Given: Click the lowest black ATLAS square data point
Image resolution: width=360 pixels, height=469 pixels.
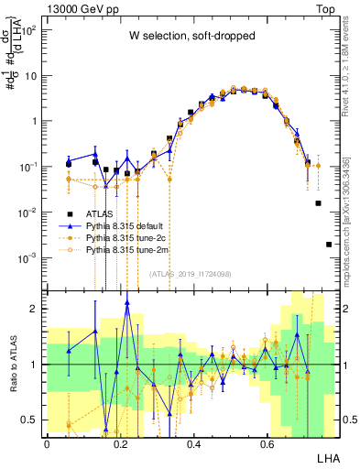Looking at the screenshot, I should click(329, 245).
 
